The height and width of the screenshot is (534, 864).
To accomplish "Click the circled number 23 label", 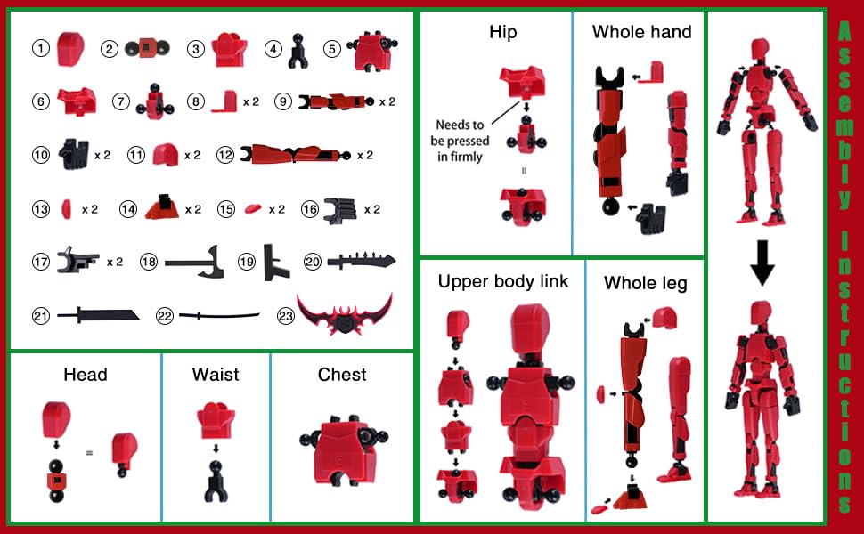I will coord(284,315).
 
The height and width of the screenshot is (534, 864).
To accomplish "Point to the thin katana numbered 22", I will coord(219,315).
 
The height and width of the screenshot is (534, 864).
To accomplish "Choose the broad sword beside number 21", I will coord(98,315).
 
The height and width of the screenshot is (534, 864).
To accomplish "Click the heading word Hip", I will coord(502,32).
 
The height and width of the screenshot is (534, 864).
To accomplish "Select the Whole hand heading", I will coord(641,32).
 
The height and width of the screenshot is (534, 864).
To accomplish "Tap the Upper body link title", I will coord(502,281).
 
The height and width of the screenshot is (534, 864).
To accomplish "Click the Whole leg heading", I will coord(645,283).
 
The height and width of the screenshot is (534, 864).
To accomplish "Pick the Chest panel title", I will coord(342,375).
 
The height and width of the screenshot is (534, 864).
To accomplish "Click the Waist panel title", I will coord(216,375).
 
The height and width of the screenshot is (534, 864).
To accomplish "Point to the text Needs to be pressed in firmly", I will coord(459,142).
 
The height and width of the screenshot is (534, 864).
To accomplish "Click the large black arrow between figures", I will coord(762,264).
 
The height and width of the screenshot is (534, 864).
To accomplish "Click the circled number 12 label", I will coord(224,155).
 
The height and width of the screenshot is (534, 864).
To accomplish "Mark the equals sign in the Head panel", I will coord(89,452).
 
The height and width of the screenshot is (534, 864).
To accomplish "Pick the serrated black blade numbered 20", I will coord(361,262).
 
